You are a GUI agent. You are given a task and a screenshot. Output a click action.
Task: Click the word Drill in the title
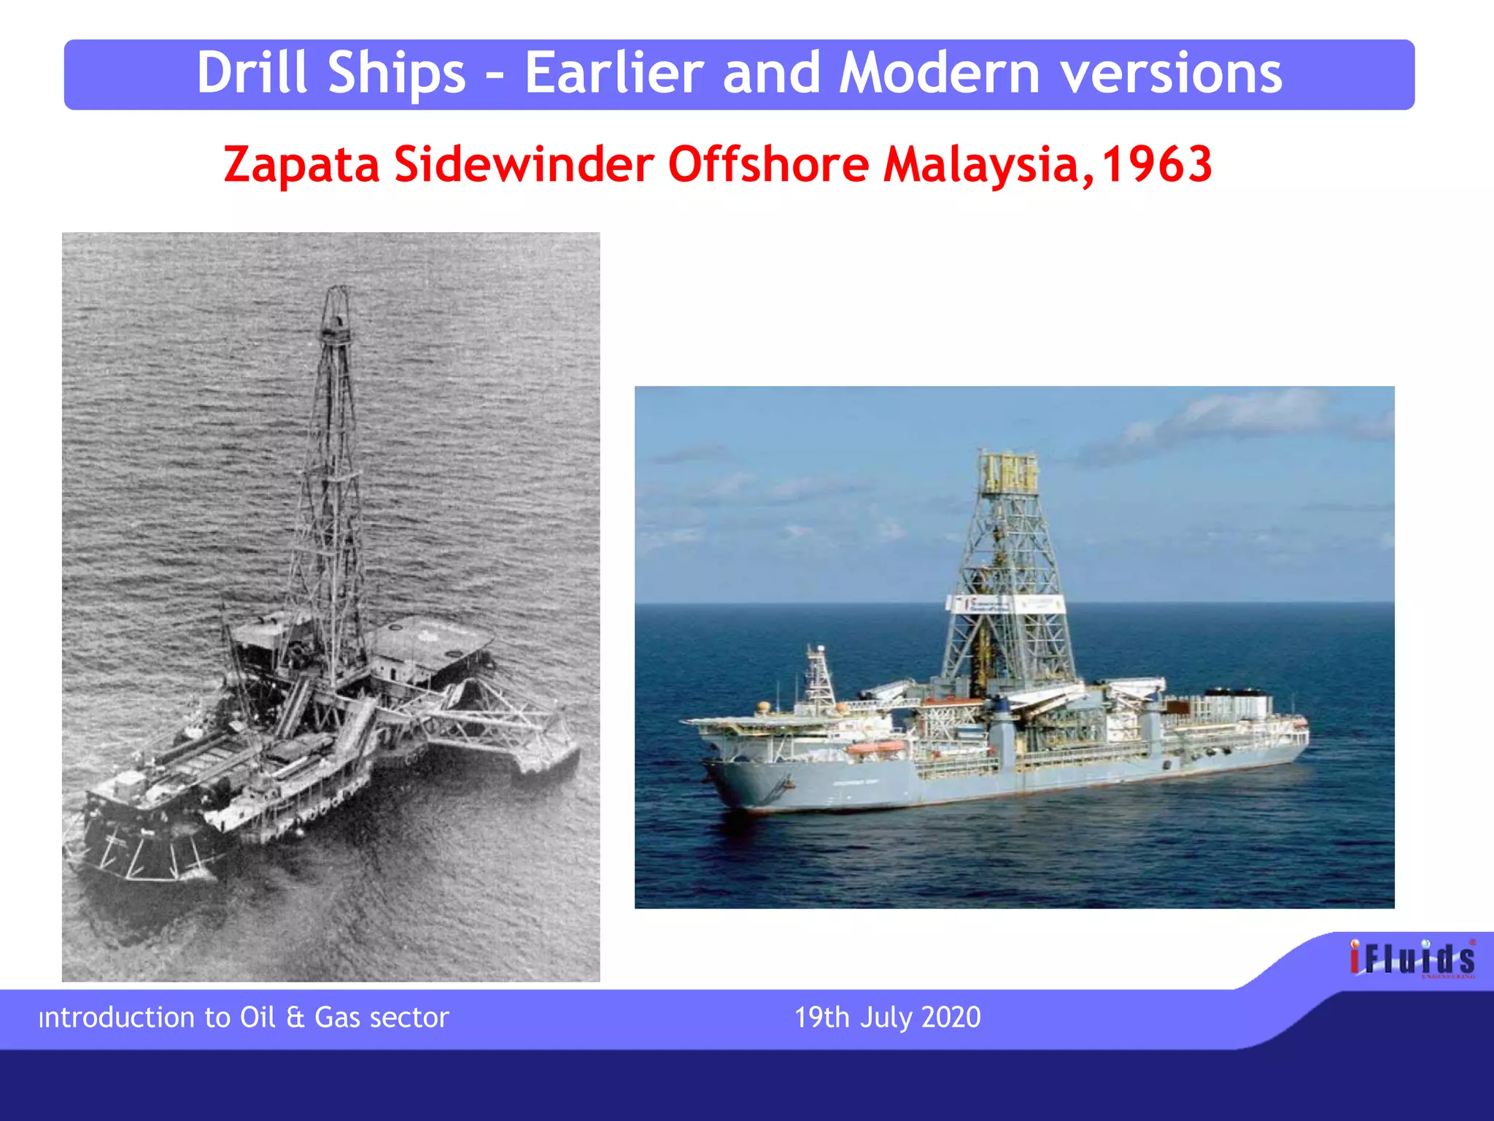(x=252, y=74)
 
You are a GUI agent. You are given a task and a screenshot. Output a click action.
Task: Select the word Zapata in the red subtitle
(x=301, y=165)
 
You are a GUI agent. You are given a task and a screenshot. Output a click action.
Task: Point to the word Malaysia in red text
(x=981, y=165)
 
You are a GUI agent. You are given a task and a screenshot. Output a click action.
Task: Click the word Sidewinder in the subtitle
(x=524, y=165)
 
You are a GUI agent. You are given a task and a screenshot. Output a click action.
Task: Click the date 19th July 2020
(x=887, y=1017)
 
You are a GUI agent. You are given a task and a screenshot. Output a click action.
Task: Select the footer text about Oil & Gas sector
(x=244, y=1017)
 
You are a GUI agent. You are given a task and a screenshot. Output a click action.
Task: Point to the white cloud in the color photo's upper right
(x=1240, y=416)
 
